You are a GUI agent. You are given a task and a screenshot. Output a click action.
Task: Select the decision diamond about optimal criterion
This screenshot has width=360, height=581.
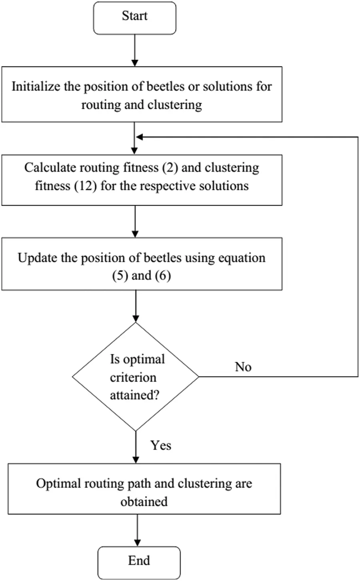136,377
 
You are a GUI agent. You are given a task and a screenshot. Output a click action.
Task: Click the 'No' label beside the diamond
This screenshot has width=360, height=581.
243,367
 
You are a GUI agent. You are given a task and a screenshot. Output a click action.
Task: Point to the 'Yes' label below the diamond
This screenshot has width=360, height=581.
161,445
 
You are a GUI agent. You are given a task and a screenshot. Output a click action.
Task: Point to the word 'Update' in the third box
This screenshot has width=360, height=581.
37,258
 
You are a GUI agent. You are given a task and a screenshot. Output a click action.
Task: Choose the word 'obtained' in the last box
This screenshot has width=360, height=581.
144,501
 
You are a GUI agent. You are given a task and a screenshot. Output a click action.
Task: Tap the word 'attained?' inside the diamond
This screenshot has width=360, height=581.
135,395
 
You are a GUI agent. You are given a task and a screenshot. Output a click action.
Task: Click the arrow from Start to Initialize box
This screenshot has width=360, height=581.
135,50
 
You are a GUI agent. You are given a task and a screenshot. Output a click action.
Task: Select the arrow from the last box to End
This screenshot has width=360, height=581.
137,530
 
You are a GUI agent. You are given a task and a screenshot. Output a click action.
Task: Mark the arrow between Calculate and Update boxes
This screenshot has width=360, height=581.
135,221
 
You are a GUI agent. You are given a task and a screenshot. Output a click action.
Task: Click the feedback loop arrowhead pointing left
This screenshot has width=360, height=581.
139,137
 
